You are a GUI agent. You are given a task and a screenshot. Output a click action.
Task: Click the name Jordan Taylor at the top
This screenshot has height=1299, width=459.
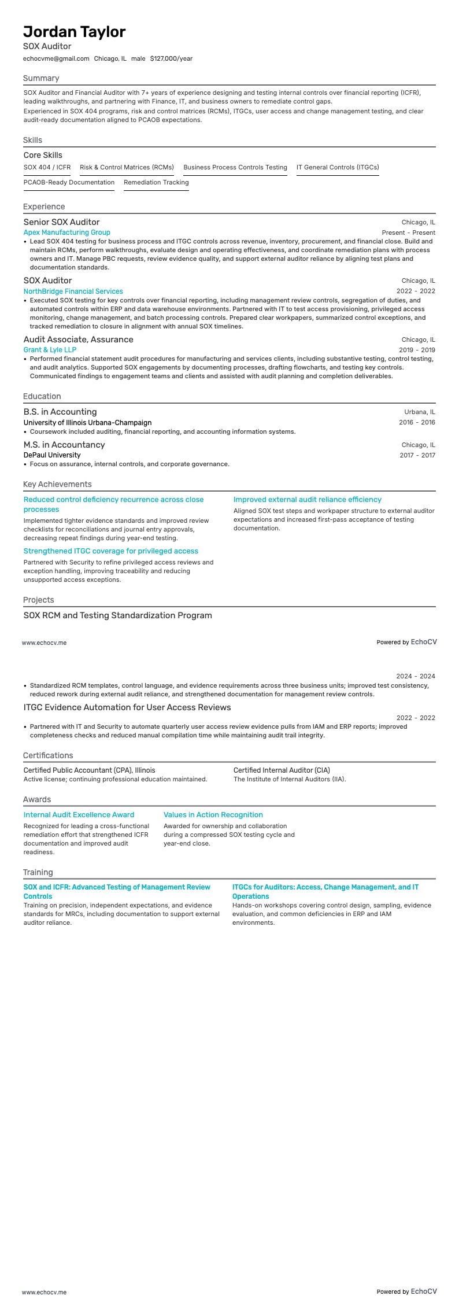74,32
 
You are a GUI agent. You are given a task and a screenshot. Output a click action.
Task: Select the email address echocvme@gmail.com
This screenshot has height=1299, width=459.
56,58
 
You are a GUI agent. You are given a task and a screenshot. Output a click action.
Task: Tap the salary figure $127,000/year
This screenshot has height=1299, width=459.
171,58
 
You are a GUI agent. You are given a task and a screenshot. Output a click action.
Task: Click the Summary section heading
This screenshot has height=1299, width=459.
41,78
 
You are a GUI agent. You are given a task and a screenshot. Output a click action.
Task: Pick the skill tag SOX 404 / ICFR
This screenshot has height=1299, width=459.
47,167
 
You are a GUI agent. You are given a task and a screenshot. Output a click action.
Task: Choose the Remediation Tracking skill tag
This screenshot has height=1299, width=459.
156,182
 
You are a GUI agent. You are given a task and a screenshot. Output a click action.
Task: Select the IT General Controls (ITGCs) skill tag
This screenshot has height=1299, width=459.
338,167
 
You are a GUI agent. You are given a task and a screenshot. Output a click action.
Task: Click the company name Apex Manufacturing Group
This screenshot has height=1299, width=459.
66,233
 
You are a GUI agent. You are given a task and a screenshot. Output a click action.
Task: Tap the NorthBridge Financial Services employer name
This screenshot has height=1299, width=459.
73,291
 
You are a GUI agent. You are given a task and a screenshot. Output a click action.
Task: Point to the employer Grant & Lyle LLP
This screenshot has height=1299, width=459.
50,350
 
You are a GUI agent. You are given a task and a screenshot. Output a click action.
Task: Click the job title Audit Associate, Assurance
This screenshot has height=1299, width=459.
78,339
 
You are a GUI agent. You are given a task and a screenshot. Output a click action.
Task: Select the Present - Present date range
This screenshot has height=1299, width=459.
408,233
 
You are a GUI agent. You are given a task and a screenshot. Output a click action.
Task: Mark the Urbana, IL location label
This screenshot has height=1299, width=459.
420,412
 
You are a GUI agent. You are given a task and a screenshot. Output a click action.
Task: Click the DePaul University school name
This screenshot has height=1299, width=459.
52,455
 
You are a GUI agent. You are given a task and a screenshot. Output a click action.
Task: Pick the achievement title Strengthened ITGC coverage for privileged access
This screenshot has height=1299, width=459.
110,551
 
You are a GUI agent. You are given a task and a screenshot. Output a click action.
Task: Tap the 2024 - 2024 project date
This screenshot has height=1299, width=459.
415,676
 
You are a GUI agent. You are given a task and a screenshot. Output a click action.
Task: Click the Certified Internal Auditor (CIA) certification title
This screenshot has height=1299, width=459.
282,770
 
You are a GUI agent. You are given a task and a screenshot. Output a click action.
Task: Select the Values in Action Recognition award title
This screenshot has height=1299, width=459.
213,815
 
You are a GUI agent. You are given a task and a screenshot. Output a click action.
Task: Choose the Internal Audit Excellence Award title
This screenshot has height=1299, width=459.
79,815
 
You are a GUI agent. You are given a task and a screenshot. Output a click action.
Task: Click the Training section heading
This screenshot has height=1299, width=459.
38,872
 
